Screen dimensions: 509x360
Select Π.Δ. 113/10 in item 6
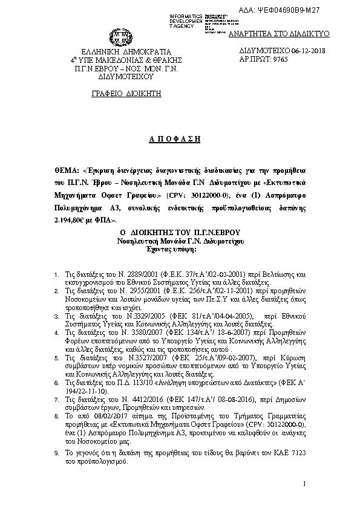pyautogui.click(x=131, y=383)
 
